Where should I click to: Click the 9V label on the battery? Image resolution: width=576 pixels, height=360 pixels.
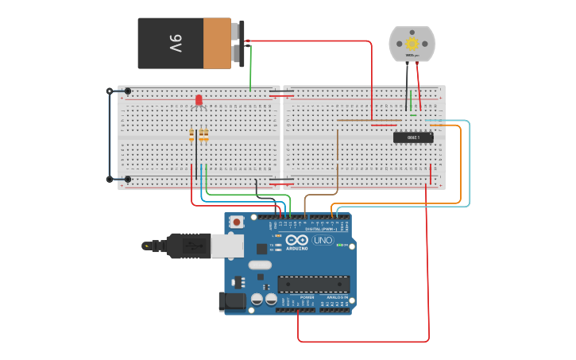174,43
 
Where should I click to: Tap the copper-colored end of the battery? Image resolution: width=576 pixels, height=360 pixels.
216,44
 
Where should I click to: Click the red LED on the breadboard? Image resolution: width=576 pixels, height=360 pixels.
199,100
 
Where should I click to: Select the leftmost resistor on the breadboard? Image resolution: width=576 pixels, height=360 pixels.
192,135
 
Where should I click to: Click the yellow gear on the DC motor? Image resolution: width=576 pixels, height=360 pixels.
412,43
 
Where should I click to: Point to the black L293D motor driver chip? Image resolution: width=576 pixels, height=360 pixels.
413,137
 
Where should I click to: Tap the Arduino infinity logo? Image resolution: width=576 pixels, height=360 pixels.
296,241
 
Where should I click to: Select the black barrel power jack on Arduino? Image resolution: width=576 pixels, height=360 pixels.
230,301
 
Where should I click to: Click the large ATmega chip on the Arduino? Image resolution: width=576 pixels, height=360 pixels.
313,284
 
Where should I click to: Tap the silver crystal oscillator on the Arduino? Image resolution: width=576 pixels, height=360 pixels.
259,265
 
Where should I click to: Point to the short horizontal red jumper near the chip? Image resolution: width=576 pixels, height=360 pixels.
385,124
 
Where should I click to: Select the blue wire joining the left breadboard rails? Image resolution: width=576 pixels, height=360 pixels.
110,135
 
